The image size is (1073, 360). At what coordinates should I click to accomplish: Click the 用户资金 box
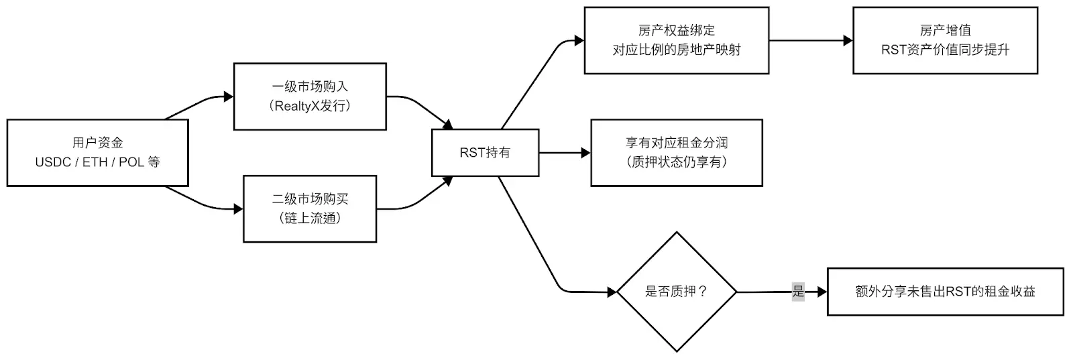98,153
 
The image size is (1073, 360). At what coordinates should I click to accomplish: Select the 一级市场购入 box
310,97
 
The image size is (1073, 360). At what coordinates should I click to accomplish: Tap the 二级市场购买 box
310,208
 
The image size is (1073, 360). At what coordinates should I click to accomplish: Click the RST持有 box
486,153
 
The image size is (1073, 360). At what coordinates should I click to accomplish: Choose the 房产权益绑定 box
677,40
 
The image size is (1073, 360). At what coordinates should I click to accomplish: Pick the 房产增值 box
945,40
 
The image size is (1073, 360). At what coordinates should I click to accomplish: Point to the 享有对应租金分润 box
677,153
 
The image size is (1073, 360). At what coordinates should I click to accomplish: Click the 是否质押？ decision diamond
677,292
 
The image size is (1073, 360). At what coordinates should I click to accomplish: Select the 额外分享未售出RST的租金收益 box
945,292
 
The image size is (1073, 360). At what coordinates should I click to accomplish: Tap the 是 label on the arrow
798,291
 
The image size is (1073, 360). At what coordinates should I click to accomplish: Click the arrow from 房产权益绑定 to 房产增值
811,40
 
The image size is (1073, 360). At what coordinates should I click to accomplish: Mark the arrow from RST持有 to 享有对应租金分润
565,153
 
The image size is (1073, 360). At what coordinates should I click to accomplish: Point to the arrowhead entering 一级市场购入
229,97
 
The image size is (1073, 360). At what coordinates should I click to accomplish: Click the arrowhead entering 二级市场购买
238,208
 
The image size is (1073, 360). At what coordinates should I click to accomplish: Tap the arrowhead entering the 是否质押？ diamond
612,292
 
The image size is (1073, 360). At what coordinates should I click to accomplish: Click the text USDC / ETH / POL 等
98,162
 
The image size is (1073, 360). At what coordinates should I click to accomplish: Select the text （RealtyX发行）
310,106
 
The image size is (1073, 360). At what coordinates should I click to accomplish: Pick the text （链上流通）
310,219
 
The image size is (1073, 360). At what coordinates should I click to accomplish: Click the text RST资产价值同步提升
945,50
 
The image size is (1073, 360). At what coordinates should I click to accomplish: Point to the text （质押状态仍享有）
677,162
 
